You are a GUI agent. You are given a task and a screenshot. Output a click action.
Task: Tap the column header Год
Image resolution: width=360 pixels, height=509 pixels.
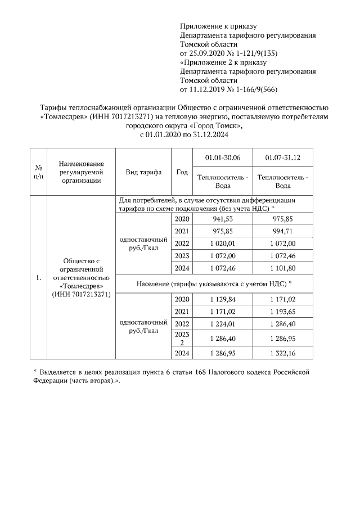click(182, 172)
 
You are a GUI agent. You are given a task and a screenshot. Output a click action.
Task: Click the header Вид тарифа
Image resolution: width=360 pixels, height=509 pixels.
click(143, 172)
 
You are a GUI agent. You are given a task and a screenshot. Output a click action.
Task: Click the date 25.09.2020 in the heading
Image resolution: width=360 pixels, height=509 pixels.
click(205, 53)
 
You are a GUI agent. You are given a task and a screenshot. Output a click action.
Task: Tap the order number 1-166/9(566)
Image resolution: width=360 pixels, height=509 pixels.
click(251, 89)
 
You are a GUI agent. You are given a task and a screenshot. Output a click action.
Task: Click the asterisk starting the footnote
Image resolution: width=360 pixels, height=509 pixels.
click(35, 373)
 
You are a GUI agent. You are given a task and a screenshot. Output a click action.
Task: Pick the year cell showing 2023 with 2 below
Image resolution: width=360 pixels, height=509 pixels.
click(182, 339)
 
